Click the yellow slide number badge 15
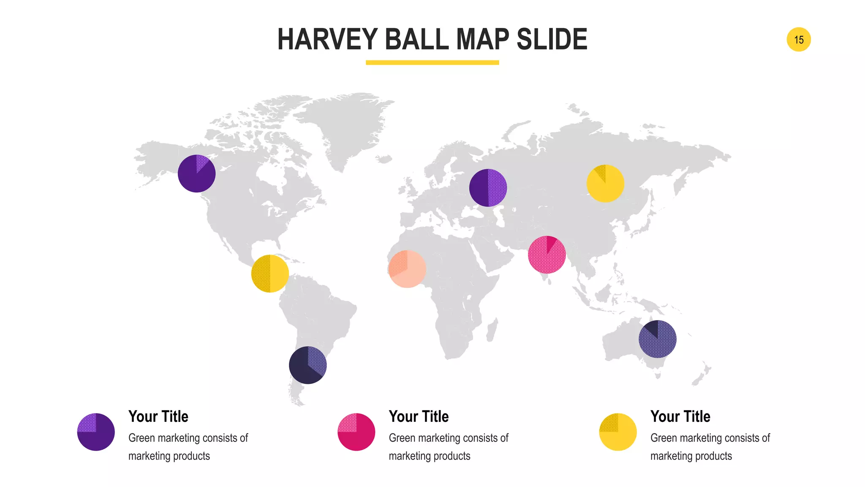[x=798, y=40]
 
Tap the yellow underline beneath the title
[x=432, y=63]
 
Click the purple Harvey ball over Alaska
[x=196, y=173]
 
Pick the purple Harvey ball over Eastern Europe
[x=488, y=188]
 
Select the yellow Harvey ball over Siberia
[x=605, y=183]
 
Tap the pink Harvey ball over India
[x=547, y=254]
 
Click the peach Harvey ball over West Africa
[x=407, y=269]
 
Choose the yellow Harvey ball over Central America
[x=270, y=274]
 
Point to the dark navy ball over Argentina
[x=307, y=365]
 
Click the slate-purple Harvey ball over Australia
[x=657, y=339]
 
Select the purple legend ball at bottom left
[x=96, y=432]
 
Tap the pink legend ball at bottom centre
[x=356, y=432]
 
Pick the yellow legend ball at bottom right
[x=617, y=432]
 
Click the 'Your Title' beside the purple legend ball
[x=158, y=416]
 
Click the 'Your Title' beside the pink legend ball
[x=419, y=416]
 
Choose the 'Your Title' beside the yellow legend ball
[x=680, y=416]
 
